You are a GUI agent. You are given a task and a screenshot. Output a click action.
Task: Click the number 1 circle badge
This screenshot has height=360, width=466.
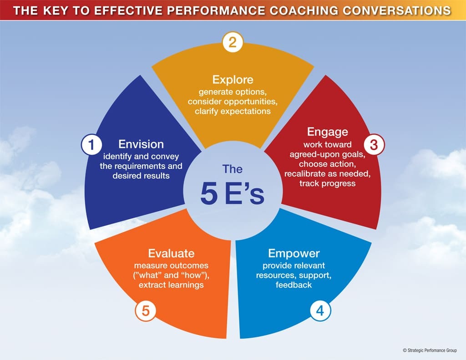91,145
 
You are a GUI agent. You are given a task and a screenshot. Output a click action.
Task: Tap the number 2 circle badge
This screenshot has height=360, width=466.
233,42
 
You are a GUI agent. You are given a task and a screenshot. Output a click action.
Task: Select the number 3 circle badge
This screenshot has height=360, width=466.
374,144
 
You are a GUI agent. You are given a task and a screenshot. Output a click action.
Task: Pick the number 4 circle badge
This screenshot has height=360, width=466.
320,311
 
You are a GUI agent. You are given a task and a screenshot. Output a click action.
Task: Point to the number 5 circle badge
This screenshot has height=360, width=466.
145,311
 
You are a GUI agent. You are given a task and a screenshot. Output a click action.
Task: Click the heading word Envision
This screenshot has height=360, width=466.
141,144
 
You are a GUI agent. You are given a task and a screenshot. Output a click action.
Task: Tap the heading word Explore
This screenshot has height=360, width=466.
233,80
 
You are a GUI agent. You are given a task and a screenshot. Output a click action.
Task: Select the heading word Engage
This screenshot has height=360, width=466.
327,132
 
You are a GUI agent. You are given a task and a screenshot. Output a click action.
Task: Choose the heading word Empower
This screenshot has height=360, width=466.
294,254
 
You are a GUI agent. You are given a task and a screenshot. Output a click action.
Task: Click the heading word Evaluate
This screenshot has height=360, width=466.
171,254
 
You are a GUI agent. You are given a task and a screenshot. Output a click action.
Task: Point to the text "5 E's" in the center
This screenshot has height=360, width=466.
232,194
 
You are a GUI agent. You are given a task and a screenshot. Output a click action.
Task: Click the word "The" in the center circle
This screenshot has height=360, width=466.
233,169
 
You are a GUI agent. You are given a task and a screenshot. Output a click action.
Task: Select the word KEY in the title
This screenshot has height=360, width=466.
56,10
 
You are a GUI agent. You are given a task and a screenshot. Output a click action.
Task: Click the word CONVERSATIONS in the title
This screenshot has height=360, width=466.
397,10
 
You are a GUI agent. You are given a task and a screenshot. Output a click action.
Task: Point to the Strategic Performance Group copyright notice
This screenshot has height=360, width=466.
430,350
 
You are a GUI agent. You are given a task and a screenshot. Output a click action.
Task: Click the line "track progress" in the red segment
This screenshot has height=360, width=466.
327,183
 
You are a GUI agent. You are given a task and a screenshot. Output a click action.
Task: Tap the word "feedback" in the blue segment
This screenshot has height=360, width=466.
294,285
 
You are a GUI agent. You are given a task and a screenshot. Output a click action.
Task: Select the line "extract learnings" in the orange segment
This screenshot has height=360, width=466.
171,285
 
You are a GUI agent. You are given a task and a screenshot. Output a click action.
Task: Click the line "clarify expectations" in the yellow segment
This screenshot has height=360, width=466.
233,112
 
